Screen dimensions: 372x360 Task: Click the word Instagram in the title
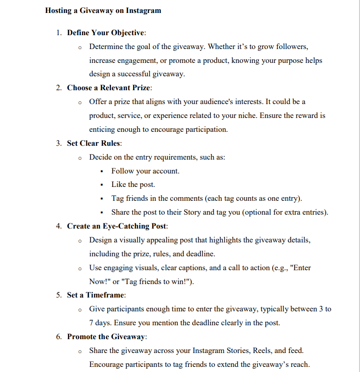[x=143, y=10]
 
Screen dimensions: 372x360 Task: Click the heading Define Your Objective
[x=106, y=33]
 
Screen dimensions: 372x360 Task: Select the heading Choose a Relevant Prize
[x=109, y=87]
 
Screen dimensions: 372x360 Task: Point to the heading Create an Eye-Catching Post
[x=117, y=226]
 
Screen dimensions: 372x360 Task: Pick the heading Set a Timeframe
[x=96, y=295]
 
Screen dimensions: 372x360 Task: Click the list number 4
[x=59, y=226]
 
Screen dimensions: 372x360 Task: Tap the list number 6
[x=59, y=336]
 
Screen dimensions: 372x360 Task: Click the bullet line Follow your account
[x=145, y=171]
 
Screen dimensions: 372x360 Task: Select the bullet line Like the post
[x=133, y=185]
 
